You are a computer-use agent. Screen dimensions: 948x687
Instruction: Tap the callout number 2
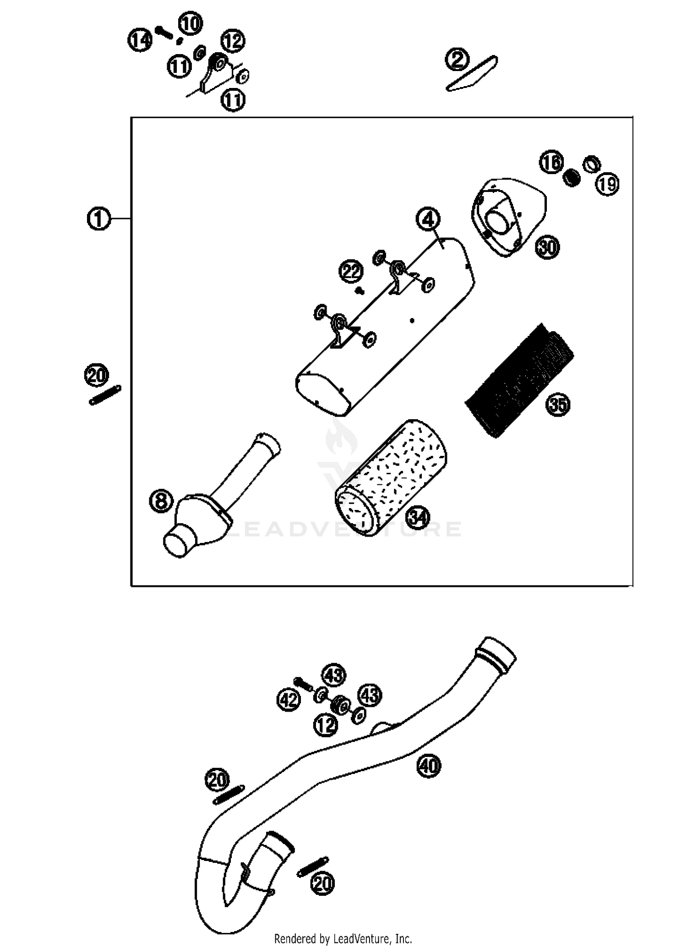pos(457,60)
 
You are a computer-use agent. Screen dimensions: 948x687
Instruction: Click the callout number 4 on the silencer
pos(428,219)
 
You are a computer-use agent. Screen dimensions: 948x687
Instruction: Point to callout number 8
pos(161,500)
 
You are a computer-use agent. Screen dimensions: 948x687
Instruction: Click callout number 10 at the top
pos(190,23)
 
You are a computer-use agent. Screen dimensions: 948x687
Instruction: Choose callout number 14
pos(139,39)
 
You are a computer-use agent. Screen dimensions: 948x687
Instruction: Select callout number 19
pos(607,184)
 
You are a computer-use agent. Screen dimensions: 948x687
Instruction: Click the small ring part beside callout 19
pos(591,164)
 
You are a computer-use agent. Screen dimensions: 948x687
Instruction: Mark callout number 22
pos(351,272)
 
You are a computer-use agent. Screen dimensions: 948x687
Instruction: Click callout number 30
pos(548,247)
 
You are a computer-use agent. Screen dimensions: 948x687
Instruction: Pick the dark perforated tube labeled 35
pos(520,380)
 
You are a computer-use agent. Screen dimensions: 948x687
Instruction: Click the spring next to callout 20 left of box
pos(105,395)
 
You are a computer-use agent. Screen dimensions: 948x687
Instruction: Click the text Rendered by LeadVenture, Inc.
pos(343,939)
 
